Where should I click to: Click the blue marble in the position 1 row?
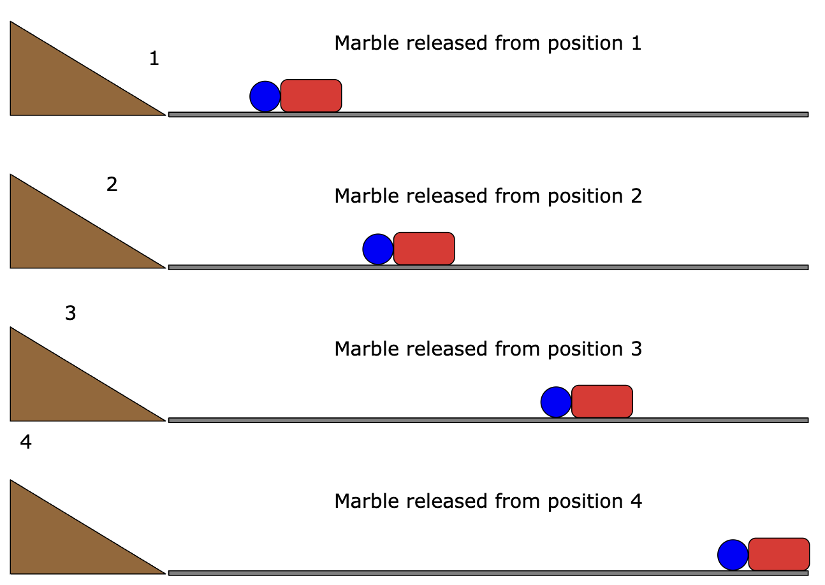coord(265,96)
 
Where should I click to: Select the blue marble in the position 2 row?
coord(378,249)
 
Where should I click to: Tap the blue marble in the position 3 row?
coord(556,402)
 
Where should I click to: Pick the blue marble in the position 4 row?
coord(733,555)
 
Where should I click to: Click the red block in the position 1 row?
coord(311,96)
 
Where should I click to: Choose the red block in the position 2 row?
coord(424,248)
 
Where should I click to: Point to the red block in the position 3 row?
coord(602,401)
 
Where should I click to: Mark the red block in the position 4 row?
coord(779,554)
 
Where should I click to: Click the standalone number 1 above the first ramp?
coord(154,59)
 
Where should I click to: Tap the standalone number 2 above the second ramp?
coord(112,184)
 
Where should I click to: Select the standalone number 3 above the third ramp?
coord(70,313)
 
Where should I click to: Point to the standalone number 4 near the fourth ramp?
coord(26,442)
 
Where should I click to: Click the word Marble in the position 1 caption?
coord(367,43)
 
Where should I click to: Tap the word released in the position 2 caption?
coord(447,196)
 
